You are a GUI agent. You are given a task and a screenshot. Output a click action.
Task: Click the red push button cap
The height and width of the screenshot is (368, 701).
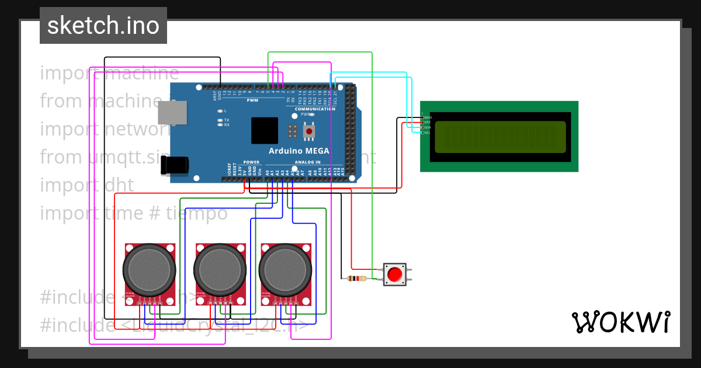click(x=395, y=273)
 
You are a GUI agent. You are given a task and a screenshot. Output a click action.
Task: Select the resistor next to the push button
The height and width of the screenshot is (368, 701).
click(x=356, y=278)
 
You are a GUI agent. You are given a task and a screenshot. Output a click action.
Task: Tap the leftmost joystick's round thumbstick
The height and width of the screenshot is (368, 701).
click(x=149, y=270)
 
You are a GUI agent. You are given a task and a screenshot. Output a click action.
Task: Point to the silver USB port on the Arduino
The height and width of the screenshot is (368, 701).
click(x=172, y=113)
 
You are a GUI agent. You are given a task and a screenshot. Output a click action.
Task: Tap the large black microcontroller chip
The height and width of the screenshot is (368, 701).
click(x=265, y=130)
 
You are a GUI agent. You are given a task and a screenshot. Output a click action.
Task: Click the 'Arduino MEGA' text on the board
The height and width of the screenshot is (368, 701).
click(x=299, y=151)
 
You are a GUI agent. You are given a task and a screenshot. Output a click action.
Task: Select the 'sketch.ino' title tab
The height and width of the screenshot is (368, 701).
click(x=103, y=26)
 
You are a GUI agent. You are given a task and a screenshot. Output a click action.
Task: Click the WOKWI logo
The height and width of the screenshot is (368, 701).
click(x=620, y=322)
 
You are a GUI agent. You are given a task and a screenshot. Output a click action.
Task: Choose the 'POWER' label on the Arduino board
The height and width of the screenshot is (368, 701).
click(x=251, y=162)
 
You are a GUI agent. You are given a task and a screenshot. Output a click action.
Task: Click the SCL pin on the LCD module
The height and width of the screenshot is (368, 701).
click(x=422, y=133)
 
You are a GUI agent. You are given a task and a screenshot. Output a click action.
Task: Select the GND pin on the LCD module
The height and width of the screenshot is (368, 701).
click(x=422, y=117)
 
